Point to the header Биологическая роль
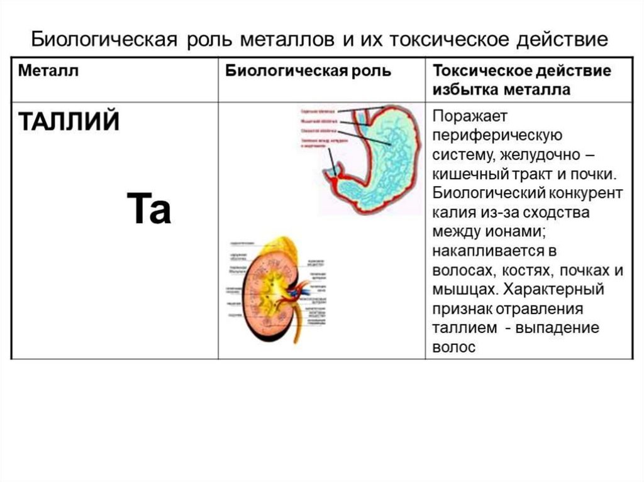pos(308,71)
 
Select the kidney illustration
pos(270,289)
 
